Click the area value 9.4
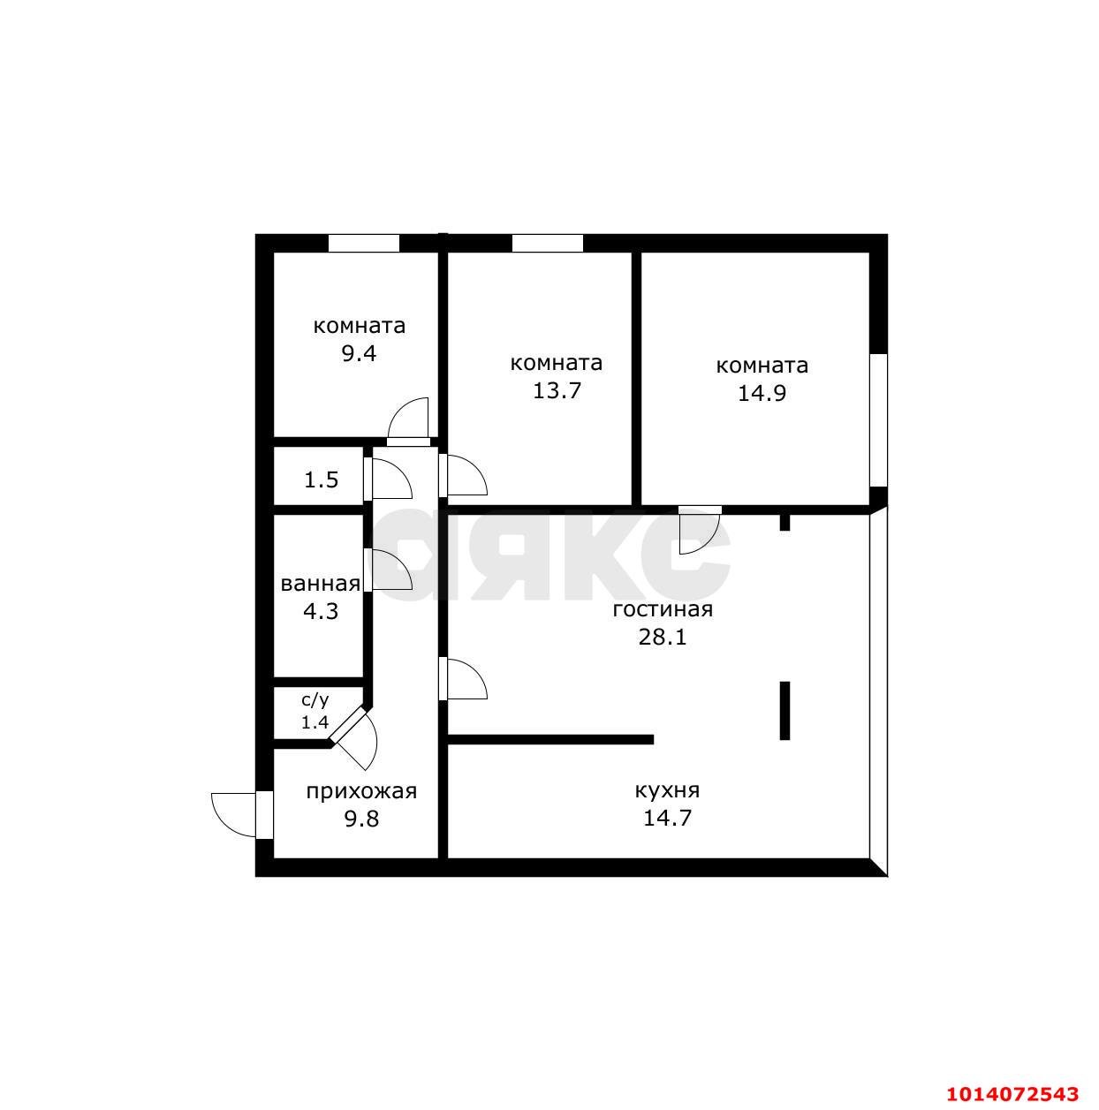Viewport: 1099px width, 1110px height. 360,354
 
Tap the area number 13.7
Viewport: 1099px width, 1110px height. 557,390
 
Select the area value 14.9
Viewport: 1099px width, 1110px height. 762,393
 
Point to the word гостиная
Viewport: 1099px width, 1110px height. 663,609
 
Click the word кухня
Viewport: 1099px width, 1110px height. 667,790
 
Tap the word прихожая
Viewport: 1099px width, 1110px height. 360,791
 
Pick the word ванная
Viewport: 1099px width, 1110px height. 320,584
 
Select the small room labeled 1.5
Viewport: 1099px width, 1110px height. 321,479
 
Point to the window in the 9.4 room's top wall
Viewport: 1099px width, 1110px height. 363,243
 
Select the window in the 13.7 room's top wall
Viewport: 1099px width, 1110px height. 547,243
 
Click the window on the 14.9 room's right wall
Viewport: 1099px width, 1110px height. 878,419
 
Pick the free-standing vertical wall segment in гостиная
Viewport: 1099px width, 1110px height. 784,710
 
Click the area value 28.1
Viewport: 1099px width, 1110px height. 663,637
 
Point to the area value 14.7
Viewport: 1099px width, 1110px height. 667,818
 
